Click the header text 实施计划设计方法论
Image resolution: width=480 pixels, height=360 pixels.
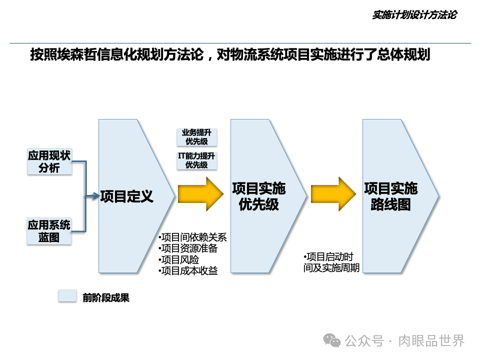pyautogui.click(x=414, y=15)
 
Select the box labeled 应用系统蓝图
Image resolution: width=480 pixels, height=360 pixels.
pyautogui.click(x=49, y=231)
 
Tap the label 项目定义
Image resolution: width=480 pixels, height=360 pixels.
pyautogui.click(x=127, y=196)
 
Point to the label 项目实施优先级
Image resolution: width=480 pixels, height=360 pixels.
pyautogui.click(x=258, y=196)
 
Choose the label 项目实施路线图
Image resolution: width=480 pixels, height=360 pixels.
pyautogui.click(x=390, y=196)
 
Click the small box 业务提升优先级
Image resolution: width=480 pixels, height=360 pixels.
pyautogui.click(x=196, y=137)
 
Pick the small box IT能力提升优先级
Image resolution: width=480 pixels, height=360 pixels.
pyautogui.click(x=196, y=160)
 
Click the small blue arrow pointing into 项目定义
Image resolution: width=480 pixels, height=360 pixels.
pyautogui.click(x=92, y=196)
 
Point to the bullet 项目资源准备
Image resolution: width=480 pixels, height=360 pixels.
pyautogui.click(x=188, y=248)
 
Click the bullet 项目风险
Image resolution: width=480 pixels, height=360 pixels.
pyautogui.click(x=178, y=260)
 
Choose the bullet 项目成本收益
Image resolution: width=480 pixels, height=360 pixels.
pyautogui.click(x=188, y=271)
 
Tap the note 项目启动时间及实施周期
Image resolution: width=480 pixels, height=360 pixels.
pyautogui.click(x=331, y=262)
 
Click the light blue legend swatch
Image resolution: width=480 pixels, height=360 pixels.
pyautogui.click(x=67, y=296)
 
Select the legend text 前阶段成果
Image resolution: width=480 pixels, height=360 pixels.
pyautogui.click(x=106, y=298)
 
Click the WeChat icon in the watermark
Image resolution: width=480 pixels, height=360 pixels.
pyautogui.click(x=332, y=340)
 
